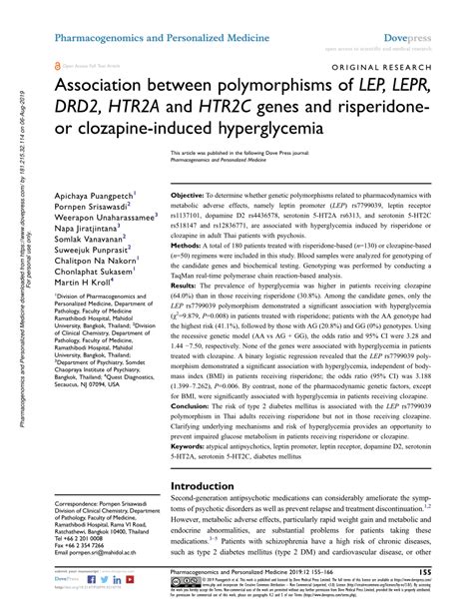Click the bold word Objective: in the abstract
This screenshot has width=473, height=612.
pos(189,196)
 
